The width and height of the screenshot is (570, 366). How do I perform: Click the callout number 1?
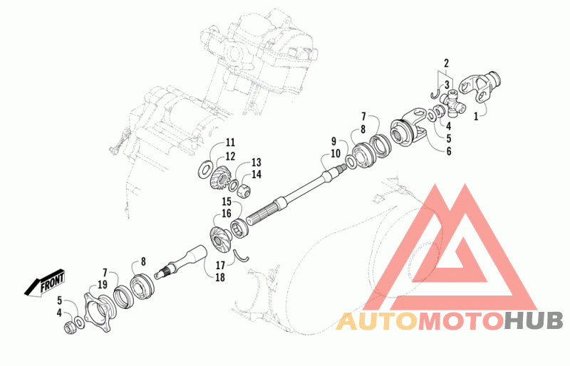(x=476, y=116)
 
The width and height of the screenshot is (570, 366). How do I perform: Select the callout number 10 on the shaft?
(x=336, y=153)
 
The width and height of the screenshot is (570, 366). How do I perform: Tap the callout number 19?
(x=103, y=284)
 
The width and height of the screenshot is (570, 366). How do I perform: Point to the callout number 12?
(x=230, y=156)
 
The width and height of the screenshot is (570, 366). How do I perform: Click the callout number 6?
(x=449, y=151)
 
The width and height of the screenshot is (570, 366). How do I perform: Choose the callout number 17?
(x=220, y=266)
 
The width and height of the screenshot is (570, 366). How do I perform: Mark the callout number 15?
(x=227, y=202)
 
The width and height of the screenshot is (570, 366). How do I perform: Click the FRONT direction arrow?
(x=44, y=283)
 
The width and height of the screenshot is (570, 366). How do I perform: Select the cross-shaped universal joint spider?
(x=452, y=103)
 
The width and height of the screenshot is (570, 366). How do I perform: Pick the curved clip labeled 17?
(x=241, y=254)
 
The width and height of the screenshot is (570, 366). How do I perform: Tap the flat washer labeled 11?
(x=205, y=169)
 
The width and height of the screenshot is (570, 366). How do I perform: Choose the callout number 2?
(x=446, y=63)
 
